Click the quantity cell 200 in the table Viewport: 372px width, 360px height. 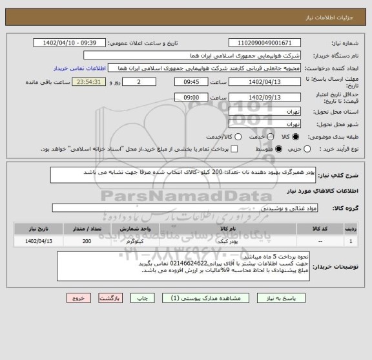(87, 241)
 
